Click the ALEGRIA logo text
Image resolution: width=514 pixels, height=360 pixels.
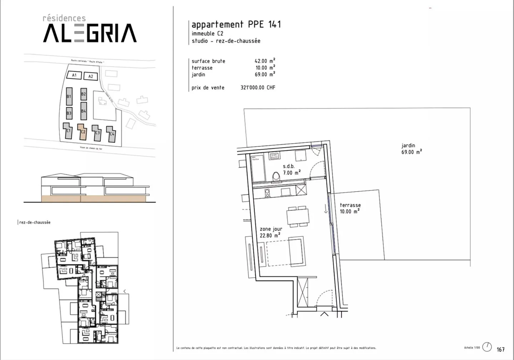90,33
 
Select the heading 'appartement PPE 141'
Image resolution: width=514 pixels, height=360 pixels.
236,25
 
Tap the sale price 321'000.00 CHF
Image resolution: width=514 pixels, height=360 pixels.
258,87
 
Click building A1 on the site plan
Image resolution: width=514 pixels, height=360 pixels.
74,75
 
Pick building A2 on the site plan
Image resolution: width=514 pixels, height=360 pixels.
91,76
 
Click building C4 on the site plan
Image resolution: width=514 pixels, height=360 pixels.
112,134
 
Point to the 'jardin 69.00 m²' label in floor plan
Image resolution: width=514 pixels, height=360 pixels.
411,149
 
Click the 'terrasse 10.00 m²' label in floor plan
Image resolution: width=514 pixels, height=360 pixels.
350,208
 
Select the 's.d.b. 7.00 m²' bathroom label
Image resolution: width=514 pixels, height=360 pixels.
291,170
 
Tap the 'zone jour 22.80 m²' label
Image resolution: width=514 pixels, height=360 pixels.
271,232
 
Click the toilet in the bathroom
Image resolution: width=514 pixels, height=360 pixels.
276,177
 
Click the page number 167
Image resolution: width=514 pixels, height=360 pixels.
500,349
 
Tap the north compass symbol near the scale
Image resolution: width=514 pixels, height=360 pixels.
487,347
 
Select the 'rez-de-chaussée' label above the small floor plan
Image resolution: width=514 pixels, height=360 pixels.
35,222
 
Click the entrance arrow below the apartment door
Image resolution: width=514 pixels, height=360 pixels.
324,314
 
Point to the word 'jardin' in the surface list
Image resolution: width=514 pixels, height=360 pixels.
198,74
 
